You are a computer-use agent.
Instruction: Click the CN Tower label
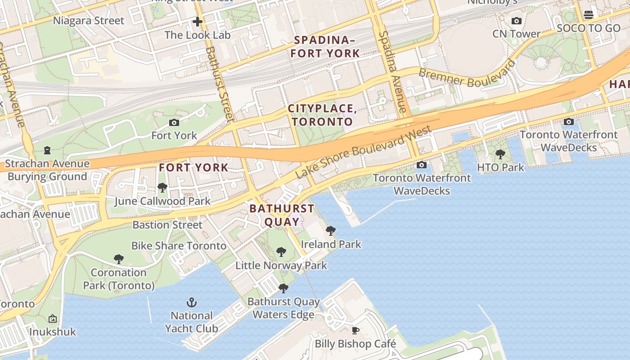(516, 34)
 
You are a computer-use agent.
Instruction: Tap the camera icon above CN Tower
(517, 21)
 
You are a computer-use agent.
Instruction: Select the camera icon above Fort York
(174, 122)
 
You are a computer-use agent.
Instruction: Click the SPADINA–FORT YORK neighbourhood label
(325, 47)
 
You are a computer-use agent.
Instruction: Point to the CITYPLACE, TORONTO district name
(322, 115)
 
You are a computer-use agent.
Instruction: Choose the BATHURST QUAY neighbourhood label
(282, 215)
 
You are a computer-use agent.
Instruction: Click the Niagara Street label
(89, 21)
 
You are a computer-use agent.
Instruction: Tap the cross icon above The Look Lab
(197, 21)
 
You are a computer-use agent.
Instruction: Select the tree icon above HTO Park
(500, 154)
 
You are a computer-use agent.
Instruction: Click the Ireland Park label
(331, 244)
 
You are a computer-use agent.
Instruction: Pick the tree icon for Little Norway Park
(281, 252)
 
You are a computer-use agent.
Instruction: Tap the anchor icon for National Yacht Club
(192, 302)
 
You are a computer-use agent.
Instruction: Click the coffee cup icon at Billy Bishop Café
(355, 331)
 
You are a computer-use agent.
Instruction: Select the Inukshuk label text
(53, 332)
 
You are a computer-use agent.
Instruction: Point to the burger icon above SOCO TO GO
(588, 15)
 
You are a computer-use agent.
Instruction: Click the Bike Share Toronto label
(179, 246)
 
